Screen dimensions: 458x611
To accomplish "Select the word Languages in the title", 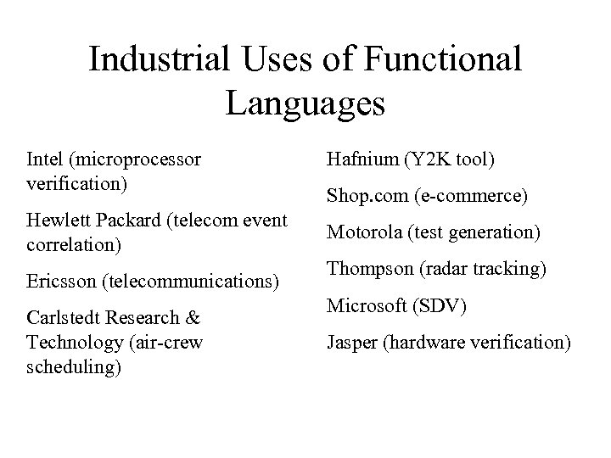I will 305,103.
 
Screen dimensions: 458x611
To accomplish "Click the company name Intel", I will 45,159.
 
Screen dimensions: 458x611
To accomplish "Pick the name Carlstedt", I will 66,320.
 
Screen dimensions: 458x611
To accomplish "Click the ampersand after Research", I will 192,320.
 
